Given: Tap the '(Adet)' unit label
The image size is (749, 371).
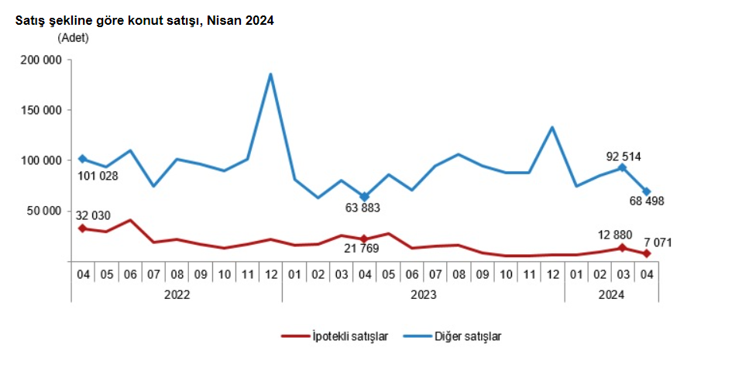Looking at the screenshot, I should (74, 38).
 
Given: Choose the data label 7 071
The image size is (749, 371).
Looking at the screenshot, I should (658, 243).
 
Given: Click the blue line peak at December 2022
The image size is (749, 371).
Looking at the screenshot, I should (270, 74).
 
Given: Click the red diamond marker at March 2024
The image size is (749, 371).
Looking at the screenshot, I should (622, 248).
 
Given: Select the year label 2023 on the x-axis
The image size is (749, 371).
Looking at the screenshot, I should (424, 294).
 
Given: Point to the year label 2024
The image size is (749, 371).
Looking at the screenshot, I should (611, 294).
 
